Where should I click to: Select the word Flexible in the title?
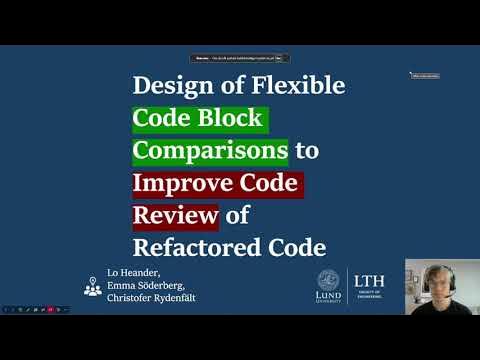click(295, 86)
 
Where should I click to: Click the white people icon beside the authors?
click(92, 286)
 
